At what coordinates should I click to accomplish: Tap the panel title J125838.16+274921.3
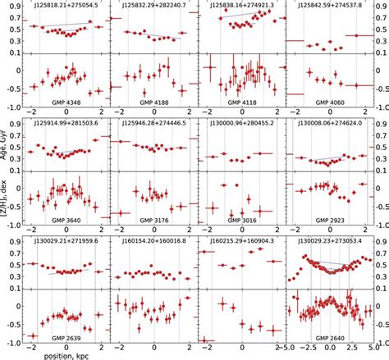point(241,6)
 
